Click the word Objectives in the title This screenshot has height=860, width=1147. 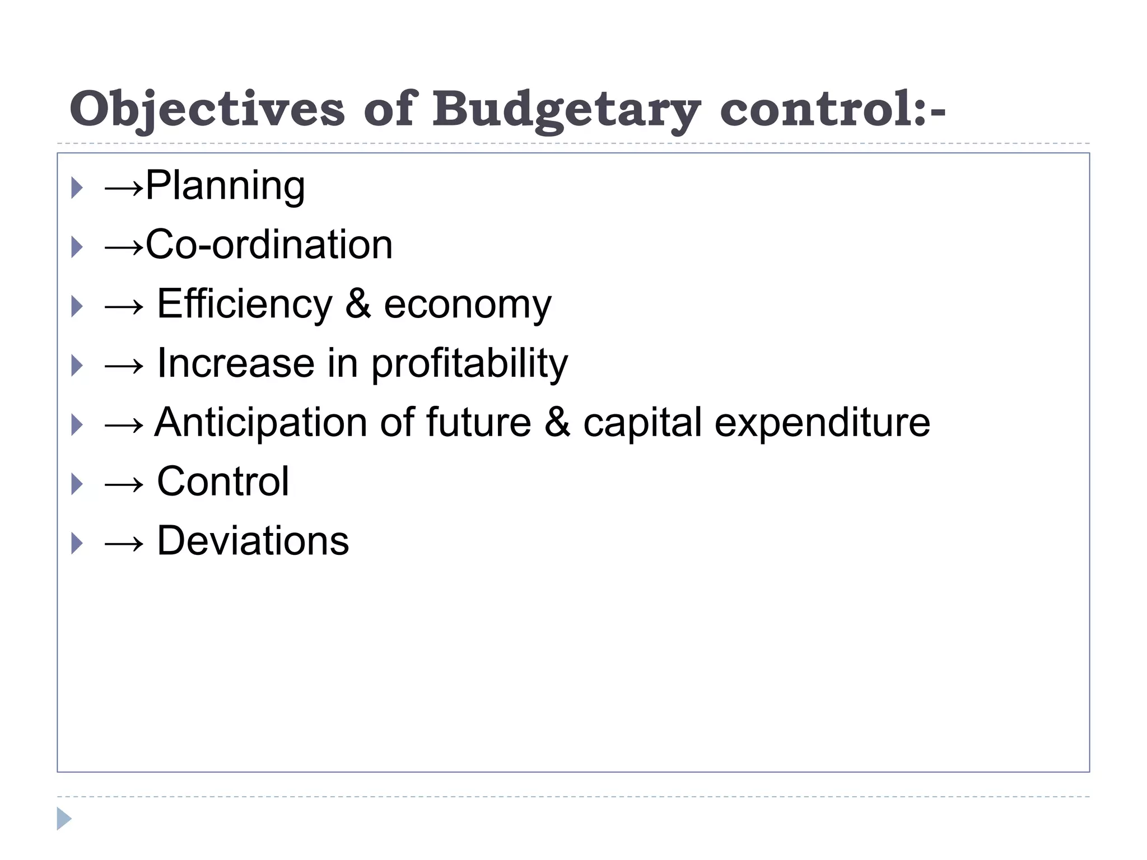207,110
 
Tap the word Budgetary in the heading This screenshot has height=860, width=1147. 566,110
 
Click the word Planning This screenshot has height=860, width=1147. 225,186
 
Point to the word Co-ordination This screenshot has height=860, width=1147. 269,245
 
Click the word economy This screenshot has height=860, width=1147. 468,306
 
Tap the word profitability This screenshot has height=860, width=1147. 469,364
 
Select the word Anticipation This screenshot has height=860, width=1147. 260,423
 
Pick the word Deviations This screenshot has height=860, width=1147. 253,541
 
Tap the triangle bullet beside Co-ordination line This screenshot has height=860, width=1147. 77,247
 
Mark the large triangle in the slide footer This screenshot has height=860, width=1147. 64,819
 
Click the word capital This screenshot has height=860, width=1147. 642,423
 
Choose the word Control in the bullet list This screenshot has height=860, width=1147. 223,482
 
